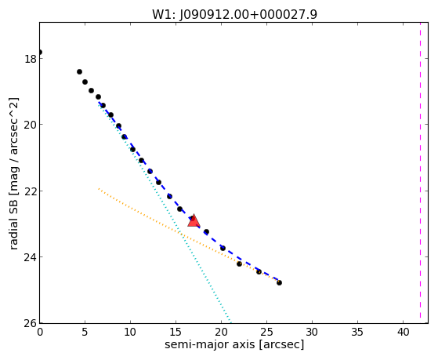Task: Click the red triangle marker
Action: coord(194,220)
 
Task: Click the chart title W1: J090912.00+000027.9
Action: coord(234,14)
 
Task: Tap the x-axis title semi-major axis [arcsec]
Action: coord(234,344)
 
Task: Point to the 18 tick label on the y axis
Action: coord(29,59)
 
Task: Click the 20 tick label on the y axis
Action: coord(29,125)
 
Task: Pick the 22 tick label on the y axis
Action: coord(29,191)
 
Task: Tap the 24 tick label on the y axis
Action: coord(29,257)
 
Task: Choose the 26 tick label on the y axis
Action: coord(29,323)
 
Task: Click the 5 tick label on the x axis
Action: coord(85,333)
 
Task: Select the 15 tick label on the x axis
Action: coord(176,333)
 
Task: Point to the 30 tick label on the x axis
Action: coord(312,333)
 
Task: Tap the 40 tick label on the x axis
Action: coord(403,333)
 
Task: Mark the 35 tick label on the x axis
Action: coord(357,333)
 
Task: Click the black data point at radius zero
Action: coord(40,53)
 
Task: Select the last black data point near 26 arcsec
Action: coord(279,283)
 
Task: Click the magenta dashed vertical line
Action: coord(420,173)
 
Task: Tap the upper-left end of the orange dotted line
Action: coord(99,189)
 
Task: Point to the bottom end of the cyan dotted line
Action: coord(230,322)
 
